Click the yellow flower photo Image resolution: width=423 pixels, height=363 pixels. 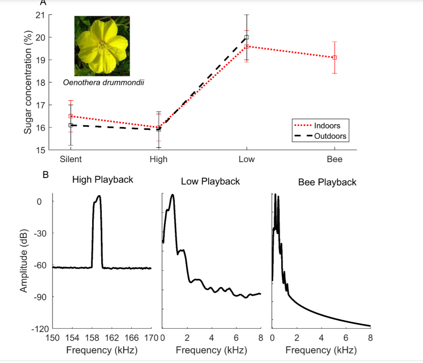(x=102, y=46)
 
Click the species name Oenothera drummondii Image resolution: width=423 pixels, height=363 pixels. (x=104, y=83)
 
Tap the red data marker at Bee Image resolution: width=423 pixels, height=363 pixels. (x=335, y=58)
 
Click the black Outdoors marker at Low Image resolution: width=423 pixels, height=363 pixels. (x=246, y=37)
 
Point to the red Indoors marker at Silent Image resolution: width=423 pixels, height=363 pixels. (x=71, y=116)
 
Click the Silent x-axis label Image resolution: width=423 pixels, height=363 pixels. (x=70, y=159)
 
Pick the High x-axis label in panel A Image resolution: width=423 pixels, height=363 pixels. (x=159, y=159)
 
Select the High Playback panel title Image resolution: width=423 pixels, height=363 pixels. (x=103, y=180)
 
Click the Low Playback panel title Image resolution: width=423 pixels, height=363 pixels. (x=211, y=182)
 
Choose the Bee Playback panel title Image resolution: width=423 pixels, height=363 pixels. (x=327, y=182)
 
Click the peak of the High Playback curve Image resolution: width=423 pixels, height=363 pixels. (x=99, y=196)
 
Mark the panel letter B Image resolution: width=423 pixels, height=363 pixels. (x=46, y=175)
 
